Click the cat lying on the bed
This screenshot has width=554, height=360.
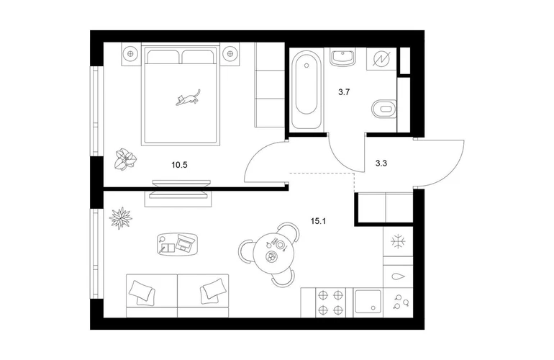[188, 98]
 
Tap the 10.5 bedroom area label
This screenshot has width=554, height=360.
[179, 165]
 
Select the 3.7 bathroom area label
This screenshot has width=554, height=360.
[344, 92]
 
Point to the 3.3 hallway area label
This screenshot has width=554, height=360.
[381, 163]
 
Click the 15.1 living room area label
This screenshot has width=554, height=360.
[318, 221]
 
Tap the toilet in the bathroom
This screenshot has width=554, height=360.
[385, 108]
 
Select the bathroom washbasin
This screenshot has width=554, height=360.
[342, 58]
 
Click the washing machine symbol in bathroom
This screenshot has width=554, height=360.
[382, 59]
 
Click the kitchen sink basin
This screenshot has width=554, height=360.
[368, 302]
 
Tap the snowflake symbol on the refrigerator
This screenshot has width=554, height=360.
[398, 241]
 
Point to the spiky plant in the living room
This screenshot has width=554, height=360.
[120, 218]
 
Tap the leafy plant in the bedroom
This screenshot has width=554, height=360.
[124, 160]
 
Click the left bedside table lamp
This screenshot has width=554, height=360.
[131, 54]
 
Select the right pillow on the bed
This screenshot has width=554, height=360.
[197, 57]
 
